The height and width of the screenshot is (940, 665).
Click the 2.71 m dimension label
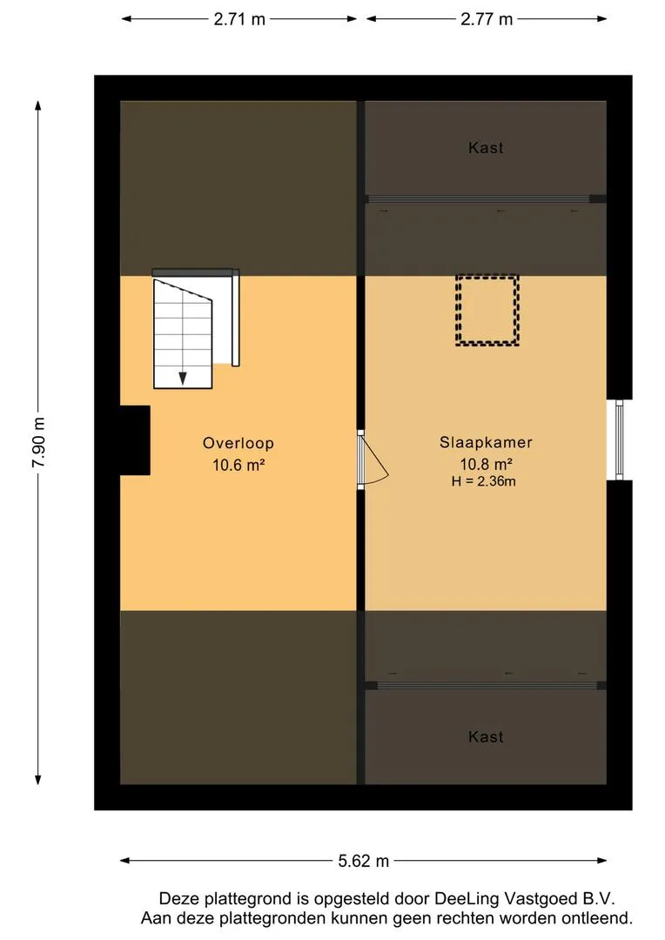pyautogui.click(x=238, y=19)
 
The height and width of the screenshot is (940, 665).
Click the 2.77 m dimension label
pyautogui.click(x=487, y=19)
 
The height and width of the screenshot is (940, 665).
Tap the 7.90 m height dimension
pyautogui.click(x=38, y=442)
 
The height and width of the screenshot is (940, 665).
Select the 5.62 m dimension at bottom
pyautogui.click(x=363, y=861)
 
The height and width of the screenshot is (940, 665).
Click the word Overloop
pyautogui.click(x=238, y=442)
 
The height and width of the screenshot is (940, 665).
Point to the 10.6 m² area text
pyautogui.click(x=238, y=465)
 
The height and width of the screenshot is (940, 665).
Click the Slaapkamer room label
pyautogui.click(x=486, y=442)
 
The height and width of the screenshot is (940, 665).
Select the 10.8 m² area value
pyautogui.click(x=486, y=464)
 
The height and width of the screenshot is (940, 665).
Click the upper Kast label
pyautogui.click(x=486, y=148)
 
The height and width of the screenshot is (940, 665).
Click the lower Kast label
pyautogui.click(x=486, y=737)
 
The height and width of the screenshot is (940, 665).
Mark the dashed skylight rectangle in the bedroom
pyautogui.click(x=487, y=311)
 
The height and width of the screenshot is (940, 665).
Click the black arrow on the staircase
pyautogui.click(x=183, y=377)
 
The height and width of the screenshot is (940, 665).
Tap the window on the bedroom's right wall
pyautogui.click(x=620, y=440)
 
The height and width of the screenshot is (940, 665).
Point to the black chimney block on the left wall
pyautogui.click(x=135, y=440)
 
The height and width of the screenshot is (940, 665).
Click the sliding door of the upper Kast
pyautogui.click(x=485, y=199)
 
